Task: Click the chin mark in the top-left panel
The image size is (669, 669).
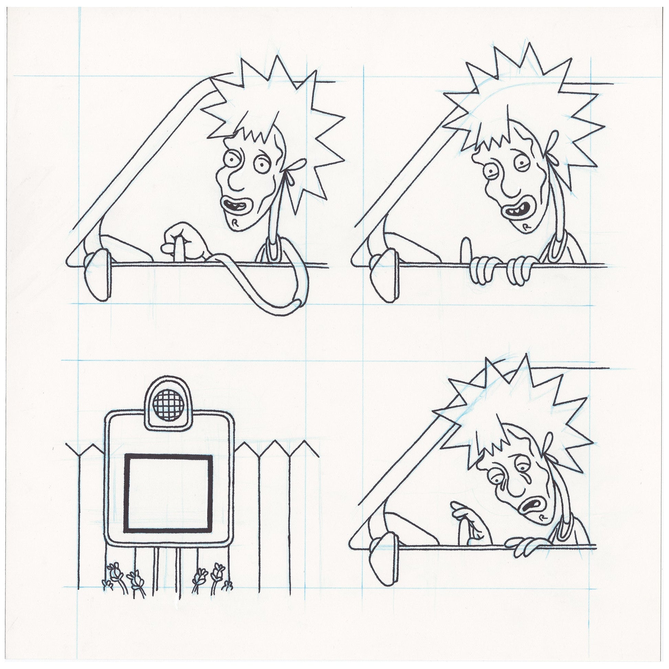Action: pyautogui.click(x=236, y=222)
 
